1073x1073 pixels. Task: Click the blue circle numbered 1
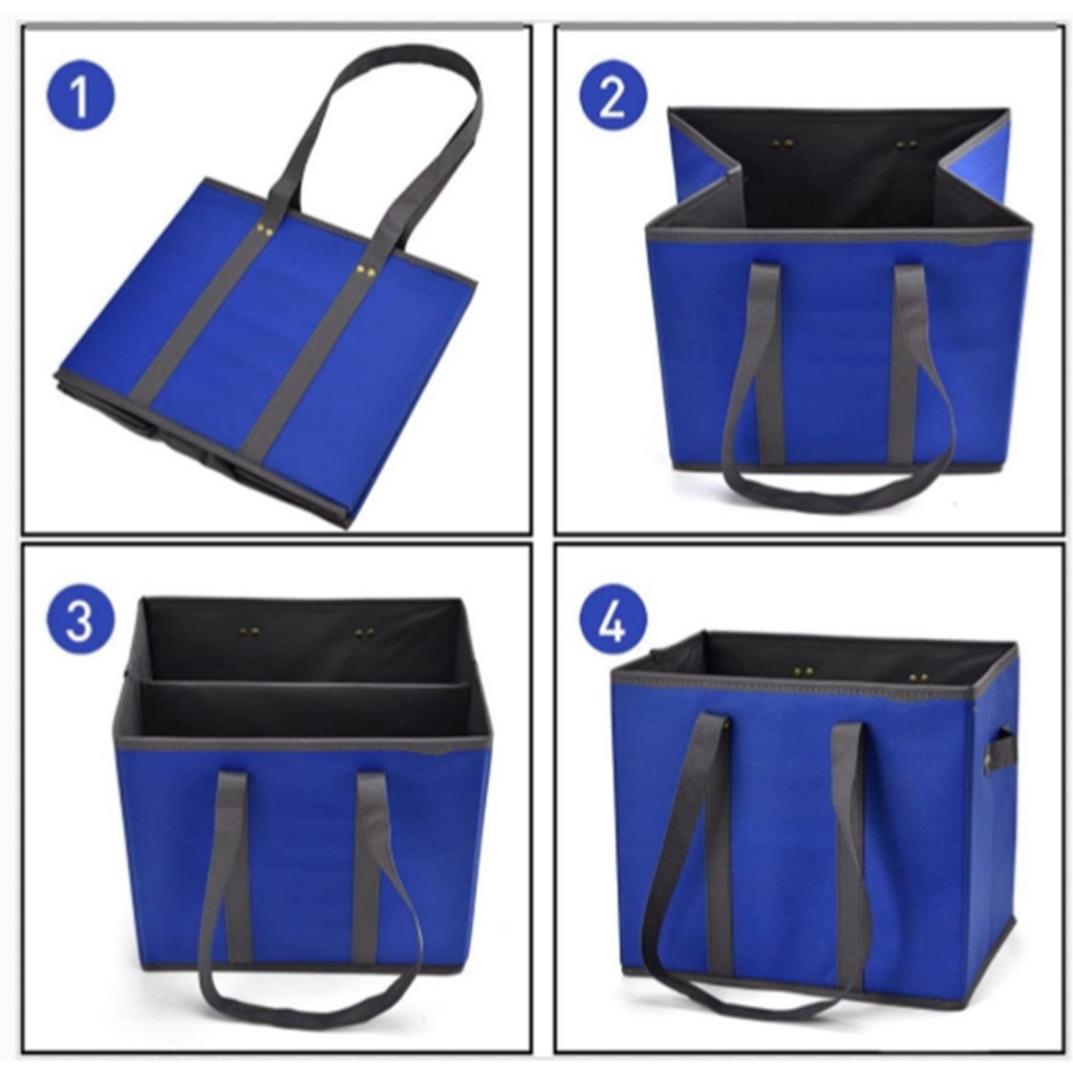click(81, 96)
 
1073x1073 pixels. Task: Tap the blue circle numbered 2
click(613, 96)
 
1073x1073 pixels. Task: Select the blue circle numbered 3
click(81, 618)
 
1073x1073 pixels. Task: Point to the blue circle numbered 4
click(613, 618)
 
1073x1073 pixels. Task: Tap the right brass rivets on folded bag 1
click(365, 271)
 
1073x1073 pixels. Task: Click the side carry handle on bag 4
click(999, 751)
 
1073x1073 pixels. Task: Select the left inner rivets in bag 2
click(783, 144)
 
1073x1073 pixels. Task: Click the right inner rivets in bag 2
click(907, 145)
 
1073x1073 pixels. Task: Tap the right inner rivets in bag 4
click(918, 678)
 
